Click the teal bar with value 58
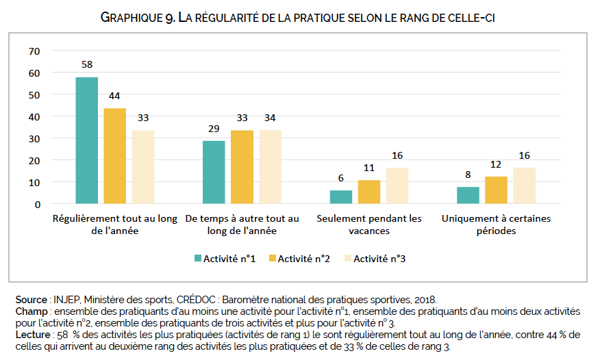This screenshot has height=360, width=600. (87, 140)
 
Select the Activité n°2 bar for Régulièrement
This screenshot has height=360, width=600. (115, 156)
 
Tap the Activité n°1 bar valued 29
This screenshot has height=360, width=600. (214, 172)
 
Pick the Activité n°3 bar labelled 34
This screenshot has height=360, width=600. (270, 167)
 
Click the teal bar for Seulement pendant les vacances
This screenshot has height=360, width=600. (341, 197)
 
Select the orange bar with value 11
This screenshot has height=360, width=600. (369, 192)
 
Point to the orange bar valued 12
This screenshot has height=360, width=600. (496, 190)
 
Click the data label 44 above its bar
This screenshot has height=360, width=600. (115, 95)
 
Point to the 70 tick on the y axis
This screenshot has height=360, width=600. (35, 51)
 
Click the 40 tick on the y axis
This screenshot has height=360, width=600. (35, 116)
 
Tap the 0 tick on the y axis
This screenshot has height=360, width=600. (38, 204)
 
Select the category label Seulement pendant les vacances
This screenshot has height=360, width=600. (369, 224)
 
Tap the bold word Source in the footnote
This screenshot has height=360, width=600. (30, 300)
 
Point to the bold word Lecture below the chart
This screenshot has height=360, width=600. (32, 335)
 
